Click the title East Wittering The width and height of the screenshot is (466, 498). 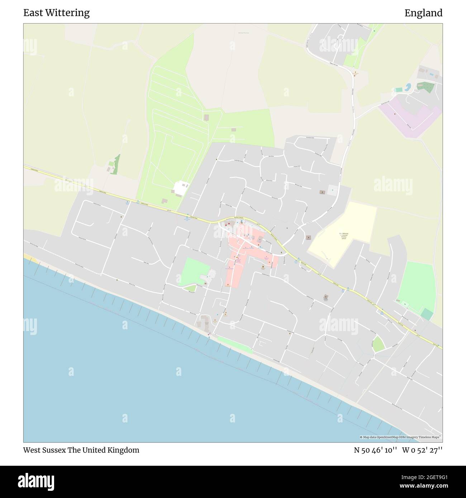click(x=56, y=13)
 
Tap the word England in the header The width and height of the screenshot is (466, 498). click(x=423, y=13)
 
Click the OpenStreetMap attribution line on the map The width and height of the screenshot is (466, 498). click(x=401, y=437)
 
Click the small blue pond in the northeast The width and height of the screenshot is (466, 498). click(x=408, y=87)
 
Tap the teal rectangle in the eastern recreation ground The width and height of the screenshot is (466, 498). click(x=427, y=314)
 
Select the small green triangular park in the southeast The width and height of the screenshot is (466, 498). click(x=377, y=345)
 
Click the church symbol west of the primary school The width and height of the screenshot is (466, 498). click(x=308, y=237)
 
